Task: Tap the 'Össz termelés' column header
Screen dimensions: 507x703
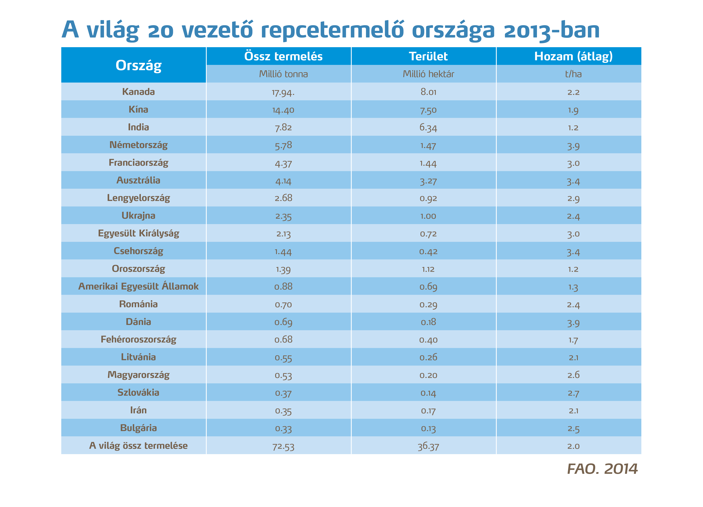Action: pyautogui.click(x=283, y=56)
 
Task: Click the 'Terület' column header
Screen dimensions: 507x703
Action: pyautogui.click(x=428, y=56)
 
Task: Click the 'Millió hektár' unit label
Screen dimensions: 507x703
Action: pyautogui.click(x=428, y=74)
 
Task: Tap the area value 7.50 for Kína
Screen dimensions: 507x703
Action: pyautogui.click(x=428, y=110)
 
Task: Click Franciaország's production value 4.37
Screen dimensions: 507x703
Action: pyautogui.click(x=283, y=163)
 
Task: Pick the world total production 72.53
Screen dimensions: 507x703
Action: pyautogui.click(x=283, y=446)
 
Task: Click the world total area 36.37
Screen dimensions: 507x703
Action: pyautogui.click(x=428, y=446)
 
